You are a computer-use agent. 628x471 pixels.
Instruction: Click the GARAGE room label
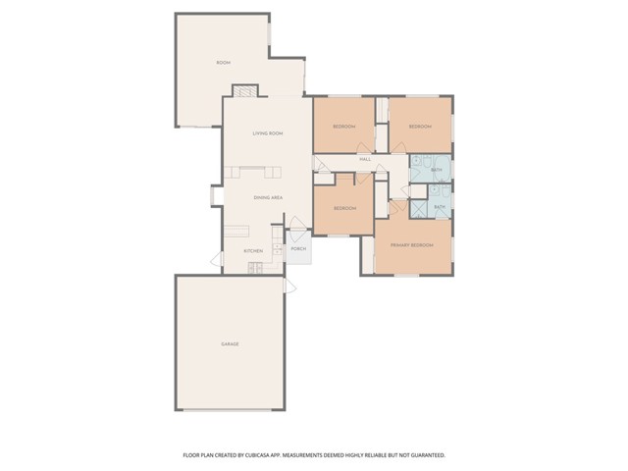click(230, 343)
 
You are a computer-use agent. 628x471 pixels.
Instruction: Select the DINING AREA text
click(269, 198)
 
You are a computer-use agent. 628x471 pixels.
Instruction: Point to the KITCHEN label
click(253, 251)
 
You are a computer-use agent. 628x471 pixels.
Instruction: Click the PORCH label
click(299, 249)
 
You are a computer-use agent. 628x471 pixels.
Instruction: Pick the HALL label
click(364, 159)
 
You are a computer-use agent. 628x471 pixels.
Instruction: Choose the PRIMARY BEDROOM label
click(411, 243)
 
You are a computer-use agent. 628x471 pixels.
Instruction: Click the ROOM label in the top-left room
click(222, 63)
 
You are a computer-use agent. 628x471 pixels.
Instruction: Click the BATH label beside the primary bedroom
click(440, 207)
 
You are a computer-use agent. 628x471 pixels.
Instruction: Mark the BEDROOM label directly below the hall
click(343, 208)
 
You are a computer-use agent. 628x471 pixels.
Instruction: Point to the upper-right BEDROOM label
click(420, 127)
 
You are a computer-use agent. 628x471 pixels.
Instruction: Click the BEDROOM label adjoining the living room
click(343, 127)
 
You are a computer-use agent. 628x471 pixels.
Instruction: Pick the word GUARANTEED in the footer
click(423, 455)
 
